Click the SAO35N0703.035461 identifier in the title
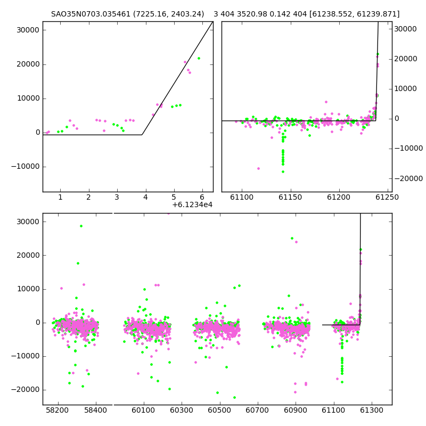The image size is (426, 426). pos(91,14)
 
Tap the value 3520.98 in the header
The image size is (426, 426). pos(252,14)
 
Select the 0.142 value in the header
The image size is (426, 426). pos(278,14)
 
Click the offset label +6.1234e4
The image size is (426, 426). pos(192,204)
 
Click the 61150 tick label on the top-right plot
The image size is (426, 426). pos(290,197)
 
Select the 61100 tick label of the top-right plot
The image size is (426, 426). pos(242,197)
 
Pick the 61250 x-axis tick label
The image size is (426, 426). pos(387,197)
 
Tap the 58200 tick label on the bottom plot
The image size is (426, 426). pos(58,410)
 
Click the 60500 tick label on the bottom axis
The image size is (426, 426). pos(219,410)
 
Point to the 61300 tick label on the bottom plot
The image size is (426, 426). pos(371,410)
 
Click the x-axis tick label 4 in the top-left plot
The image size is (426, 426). pos(145,197)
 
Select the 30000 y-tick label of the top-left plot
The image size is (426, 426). pos(28,30)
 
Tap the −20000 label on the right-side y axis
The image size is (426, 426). pos(408,178)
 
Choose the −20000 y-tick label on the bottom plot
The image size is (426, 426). pos(25,390)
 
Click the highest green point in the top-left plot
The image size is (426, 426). pos(199,59)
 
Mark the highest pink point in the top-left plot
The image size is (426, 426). pos(185,62)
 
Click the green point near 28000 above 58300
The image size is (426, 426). pos(81,226)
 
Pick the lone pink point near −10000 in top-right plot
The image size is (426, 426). pos(258,169)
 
